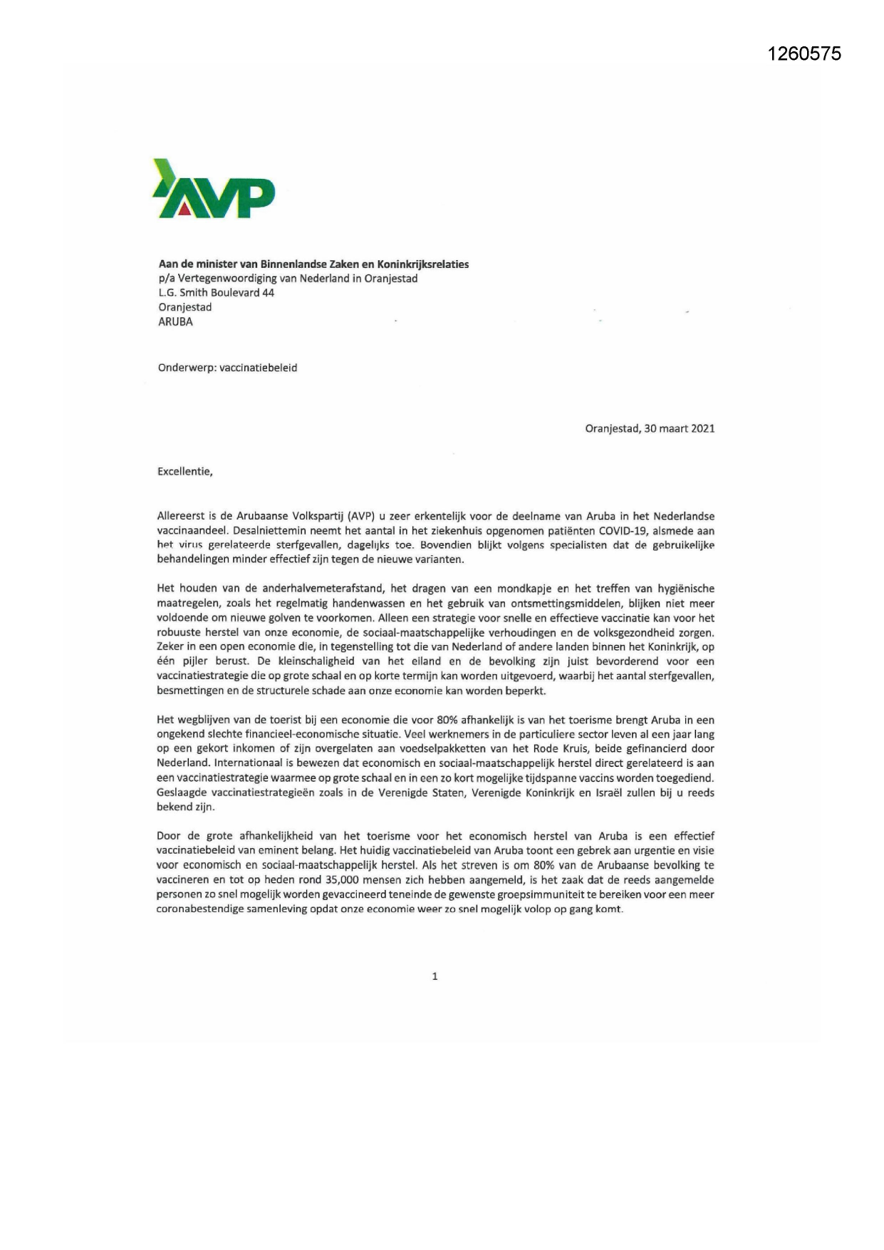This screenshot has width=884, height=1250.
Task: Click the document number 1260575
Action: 804,53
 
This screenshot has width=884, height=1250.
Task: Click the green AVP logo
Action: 214,189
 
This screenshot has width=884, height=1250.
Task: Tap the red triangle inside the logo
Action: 184,208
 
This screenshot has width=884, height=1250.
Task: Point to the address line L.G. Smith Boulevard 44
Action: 216,293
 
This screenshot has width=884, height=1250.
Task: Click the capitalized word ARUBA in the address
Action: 175,321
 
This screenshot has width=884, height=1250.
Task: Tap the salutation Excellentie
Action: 184,472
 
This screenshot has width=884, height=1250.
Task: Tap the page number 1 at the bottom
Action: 435,976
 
